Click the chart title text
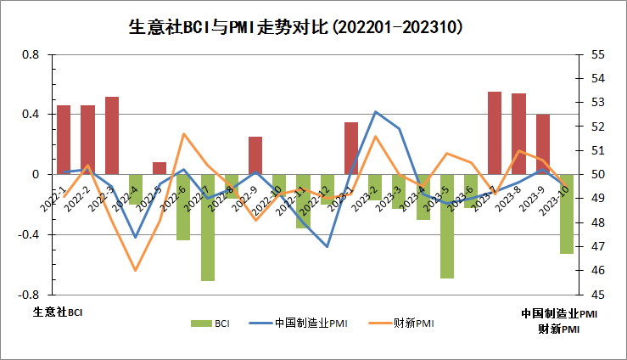(x=312, y=27)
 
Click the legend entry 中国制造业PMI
(x=311, y=323)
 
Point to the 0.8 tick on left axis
(x=31, y=54)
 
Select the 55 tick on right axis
(x=596, y=54)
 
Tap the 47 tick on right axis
(x=596, y=246)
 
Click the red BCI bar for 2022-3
(x=112, y=136)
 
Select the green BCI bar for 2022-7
(x=208, y=227)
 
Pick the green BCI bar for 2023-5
(x=447, y=226)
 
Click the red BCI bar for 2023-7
(x=495, y=132)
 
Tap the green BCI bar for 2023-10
(x=567, y=213)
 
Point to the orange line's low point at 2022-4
(x=136, y=271)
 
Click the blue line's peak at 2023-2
(x=375, y=111)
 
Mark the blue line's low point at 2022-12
(x=327, y=246)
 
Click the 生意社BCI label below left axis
(x=59, y=312)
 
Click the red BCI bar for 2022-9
(x=255, y=155)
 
